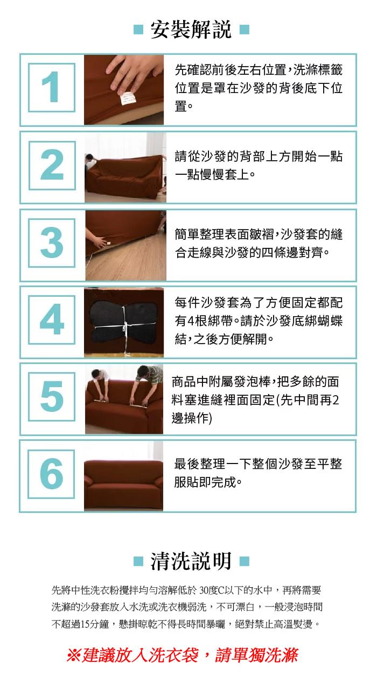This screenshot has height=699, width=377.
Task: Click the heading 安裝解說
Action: pyautogui.click(x=191, y=30)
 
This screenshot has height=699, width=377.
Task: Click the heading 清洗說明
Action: pyautogui.click(x=191, y=561)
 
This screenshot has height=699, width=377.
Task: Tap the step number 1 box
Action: pyautogui.click(x=52, y=88)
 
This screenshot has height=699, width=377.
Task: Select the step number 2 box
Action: pyautogui.click(x=52, y=166)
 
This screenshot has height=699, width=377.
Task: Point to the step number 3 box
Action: pyautogui.click(x=52, y=243)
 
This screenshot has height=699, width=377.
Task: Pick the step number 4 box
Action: pyautogui.click(x=52, y=320)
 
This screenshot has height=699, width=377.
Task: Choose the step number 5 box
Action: pyautogui.click(x=52, y=397)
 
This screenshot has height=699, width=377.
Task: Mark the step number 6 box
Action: pyautogui.click(x=51, y=474)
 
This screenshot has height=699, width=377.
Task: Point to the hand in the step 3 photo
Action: pyautogui.click(x=97, y=241)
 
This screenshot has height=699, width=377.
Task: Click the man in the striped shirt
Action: pyautogui.click(x=147, y=386)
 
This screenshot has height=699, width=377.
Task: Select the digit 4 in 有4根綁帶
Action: pyautogui.click(x=190, y=320)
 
